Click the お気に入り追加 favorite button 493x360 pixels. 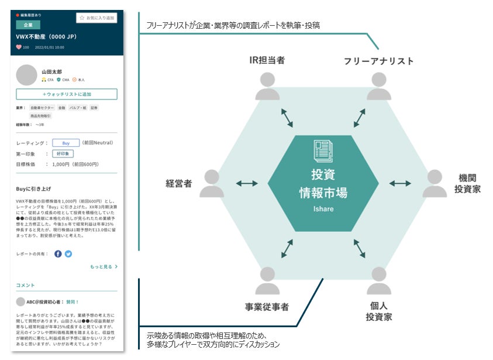96,18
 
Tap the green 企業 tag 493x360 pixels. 28,25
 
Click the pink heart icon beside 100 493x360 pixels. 19,47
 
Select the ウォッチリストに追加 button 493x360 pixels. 67,94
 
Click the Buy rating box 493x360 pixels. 65,142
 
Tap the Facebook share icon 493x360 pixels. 58,253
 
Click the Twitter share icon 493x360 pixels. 68,253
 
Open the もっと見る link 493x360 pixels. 104,267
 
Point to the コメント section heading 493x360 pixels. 26,285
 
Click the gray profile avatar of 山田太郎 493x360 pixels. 27,75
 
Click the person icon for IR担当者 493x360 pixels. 267,86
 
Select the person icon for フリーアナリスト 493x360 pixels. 379,86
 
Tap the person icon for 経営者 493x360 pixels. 211,183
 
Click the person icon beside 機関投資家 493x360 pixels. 435,183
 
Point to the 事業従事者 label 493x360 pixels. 267,307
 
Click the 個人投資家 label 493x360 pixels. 379,311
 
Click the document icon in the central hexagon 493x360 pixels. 323,150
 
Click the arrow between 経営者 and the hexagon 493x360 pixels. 247,184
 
